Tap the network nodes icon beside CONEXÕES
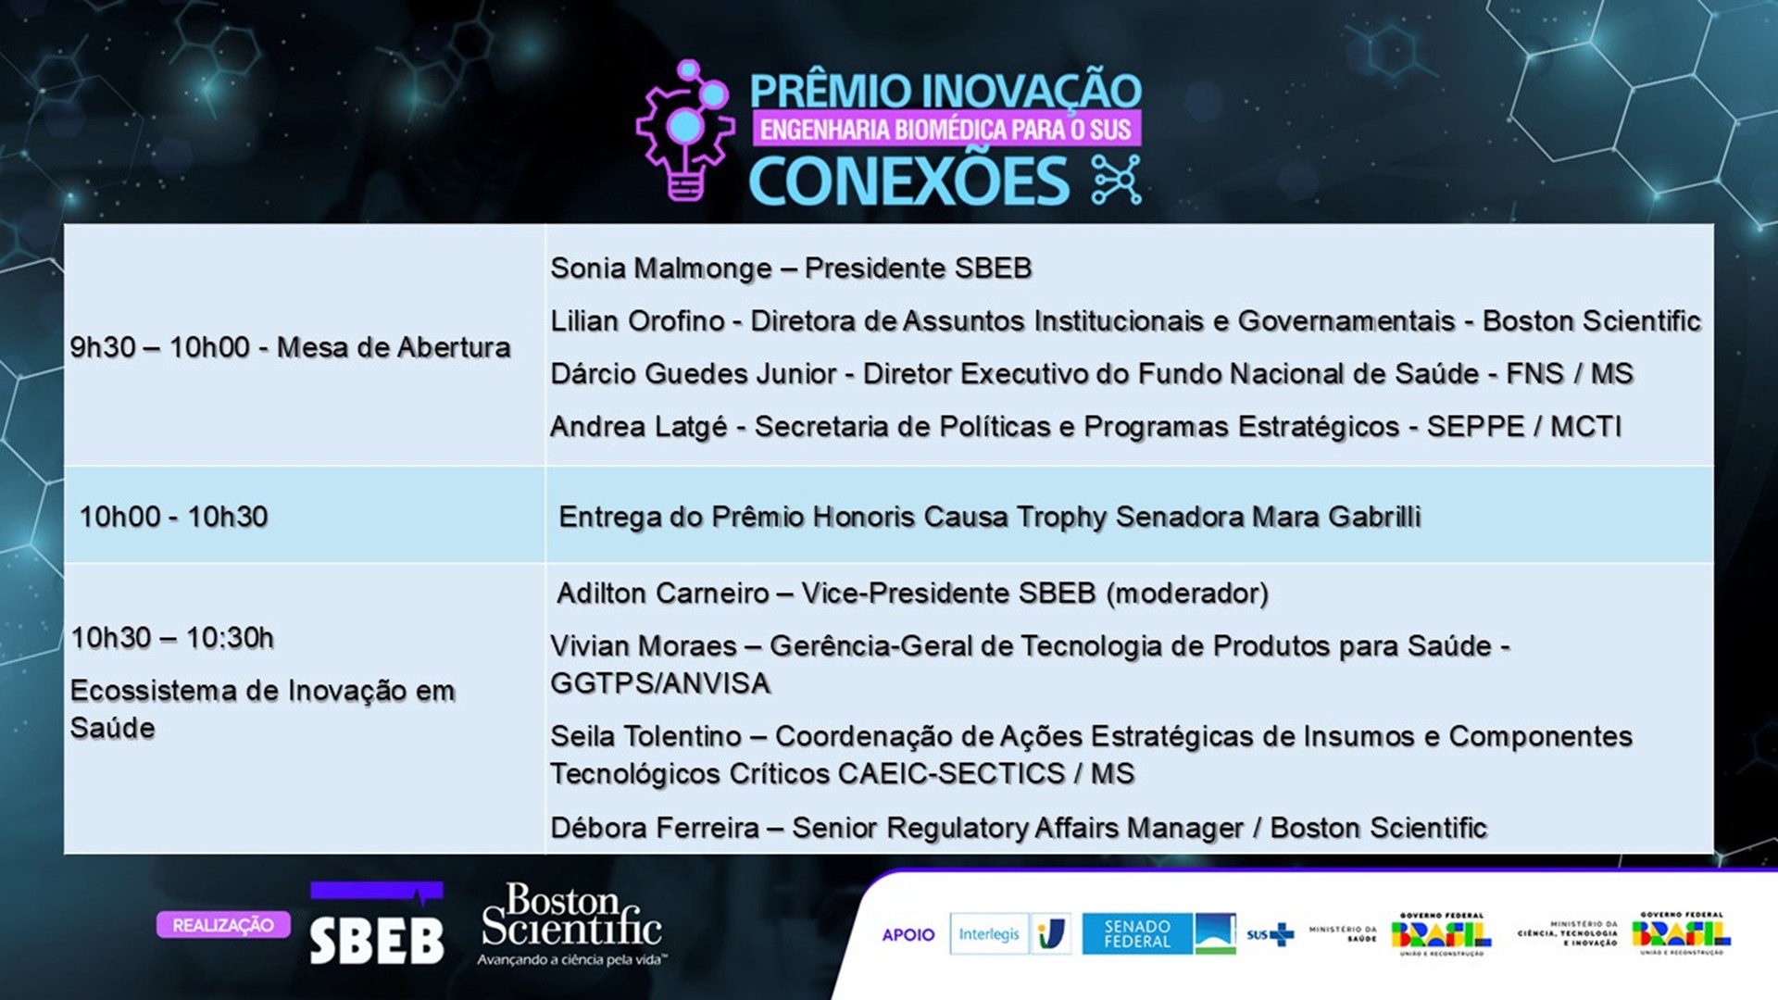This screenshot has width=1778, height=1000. [x=1116, y=180]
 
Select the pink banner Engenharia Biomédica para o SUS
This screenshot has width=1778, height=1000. [x=945, y=130]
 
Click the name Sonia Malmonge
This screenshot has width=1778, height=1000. [x=660, y=269]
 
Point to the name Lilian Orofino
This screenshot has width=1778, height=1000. [x=637, y=321]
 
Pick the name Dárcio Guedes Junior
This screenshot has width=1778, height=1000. [x=694, y=374]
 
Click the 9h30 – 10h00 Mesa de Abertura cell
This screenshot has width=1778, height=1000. [x=290, y=348]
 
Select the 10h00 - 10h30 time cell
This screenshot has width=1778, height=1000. [x=173, y=517]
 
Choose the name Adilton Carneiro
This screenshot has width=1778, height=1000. [x=663, y=594]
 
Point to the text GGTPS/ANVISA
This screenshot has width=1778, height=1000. [x=660, y=683]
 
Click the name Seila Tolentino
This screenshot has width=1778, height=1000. [x=645, y=737]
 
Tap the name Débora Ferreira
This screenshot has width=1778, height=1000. [x=655, y=828]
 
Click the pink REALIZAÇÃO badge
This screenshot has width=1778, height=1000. [x=223, y=925]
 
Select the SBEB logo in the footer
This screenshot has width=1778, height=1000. [x=376, y=926]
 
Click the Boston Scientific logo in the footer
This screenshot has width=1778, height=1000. [x=571, y=923]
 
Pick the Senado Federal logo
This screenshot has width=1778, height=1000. [x=1158, y=933]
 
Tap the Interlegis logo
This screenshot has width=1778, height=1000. [x=989, y=934]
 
